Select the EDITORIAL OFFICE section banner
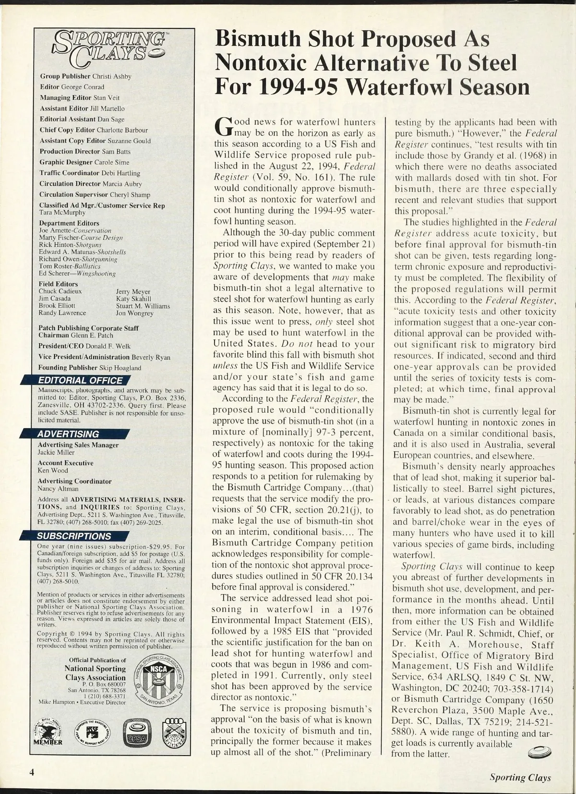pyautogui.click(x=80, y=381)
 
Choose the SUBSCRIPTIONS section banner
pyautogui.click(x=74, y=536)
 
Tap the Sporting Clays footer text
pyautogui.click(x=520, y=778)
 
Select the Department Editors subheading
pyautogui.click(x=69, y=223)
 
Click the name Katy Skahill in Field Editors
pyautogui.click(x=133, y=299)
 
